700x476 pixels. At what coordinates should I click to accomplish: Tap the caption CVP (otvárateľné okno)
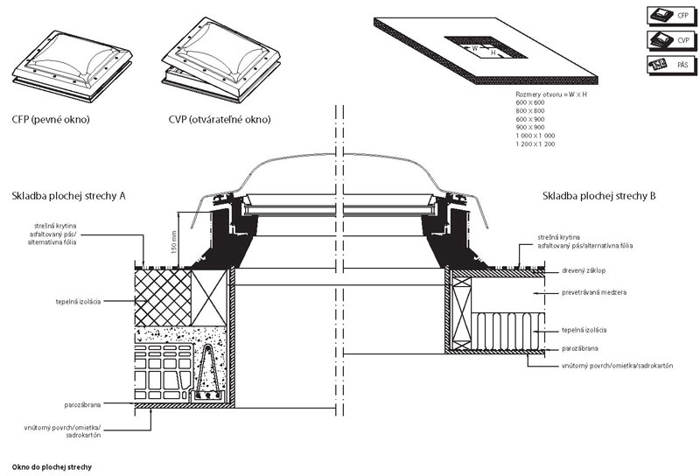click(220, 119)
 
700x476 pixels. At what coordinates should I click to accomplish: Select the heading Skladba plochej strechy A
click(68, 196)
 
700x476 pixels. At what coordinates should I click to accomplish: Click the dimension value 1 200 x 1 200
click(536, 143)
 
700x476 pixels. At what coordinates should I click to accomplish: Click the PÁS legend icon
click(671, 65)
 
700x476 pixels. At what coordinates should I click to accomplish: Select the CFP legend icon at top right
click(671, 15)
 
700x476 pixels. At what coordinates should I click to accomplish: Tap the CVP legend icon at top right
click(671, 40)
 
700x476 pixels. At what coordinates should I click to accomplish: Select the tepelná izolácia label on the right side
click(584, 330)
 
